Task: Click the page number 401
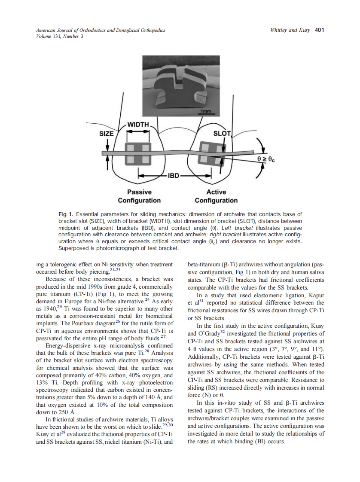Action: [x=319, y=30]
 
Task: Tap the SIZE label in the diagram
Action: [x=107, y=134]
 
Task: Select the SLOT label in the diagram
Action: [x=222, y=133]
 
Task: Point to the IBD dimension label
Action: [x=174, y=176]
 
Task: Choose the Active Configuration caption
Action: [x=216, y=196]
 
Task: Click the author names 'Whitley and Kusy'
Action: [x=290, y=30]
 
